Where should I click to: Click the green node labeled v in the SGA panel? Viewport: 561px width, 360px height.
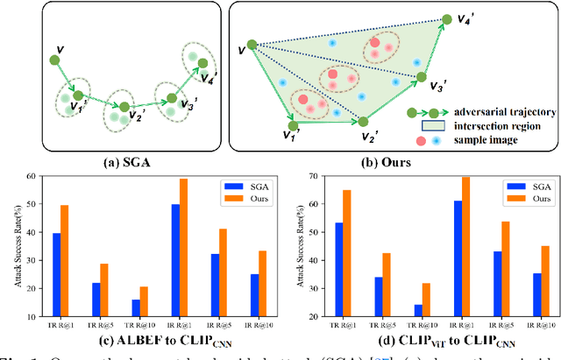click(x=54, y=60)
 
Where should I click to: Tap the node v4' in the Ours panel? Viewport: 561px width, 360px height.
click(x=446, y=19)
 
